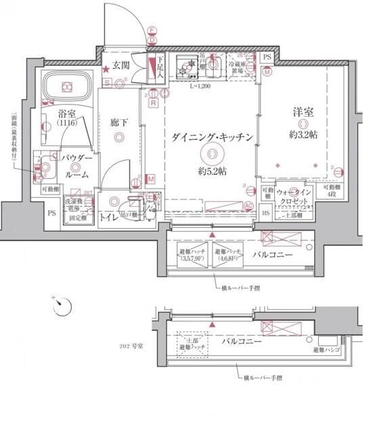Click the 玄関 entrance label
tap(121, 66)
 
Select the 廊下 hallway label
tap(120, 123)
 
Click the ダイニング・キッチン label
tap(212, 137)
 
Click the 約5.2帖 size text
tap(212, 170)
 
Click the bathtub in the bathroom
tap(66, 86)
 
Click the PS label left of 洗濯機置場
tap(51, 212)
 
